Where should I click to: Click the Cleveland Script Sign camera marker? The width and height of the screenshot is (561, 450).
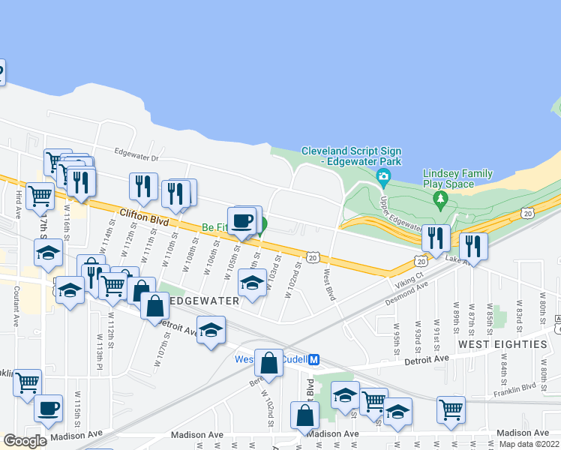(384, 178)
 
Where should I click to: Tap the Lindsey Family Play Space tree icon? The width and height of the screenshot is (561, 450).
(440, 199)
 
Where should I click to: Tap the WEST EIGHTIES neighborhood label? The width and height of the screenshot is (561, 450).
(502, 344)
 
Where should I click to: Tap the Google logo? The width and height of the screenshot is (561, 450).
(25, 440)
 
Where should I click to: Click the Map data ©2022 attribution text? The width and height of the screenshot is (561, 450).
(529, 443)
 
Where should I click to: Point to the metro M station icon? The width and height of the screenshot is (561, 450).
(315, 359)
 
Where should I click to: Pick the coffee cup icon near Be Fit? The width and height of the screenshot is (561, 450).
(241, 220)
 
